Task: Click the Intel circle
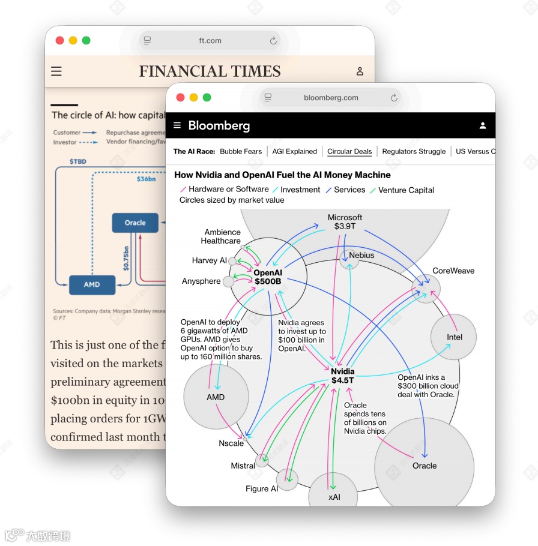454,337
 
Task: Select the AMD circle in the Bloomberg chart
216,397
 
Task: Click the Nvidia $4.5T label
343,376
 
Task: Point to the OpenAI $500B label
268,277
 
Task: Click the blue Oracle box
135,223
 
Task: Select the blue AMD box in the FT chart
92,284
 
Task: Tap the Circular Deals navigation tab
349,151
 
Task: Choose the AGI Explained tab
294,151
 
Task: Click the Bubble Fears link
241,151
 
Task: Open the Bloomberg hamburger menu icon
177,125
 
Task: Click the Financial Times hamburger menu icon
56,71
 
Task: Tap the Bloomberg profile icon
483,125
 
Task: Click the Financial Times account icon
360,71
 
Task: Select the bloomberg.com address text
331,98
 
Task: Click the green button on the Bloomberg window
207,98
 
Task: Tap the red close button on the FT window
59,41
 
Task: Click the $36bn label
146,179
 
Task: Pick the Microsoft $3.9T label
345,222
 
